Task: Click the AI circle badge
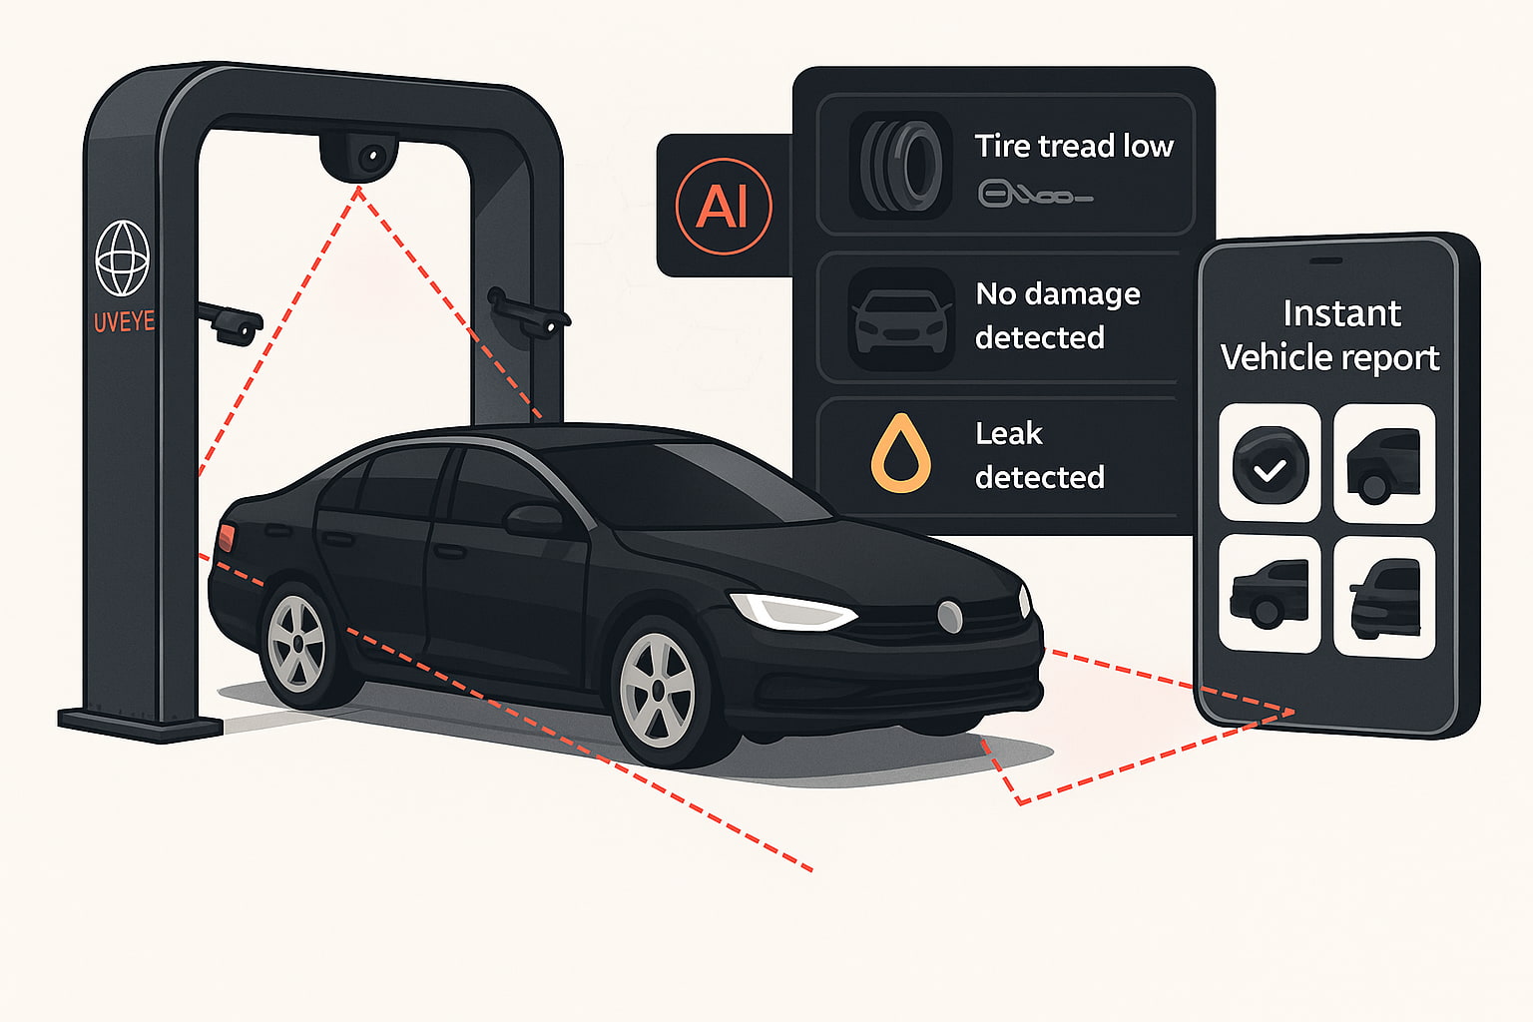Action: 724,207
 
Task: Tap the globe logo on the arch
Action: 122,258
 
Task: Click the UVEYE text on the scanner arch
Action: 124,321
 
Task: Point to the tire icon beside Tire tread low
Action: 901,166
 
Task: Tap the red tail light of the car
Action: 226,537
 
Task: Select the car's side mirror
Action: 536,518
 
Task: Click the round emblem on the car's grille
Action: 949,616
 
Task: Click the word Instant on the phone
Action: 1341,313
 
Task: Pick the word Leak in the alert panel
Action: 1008,433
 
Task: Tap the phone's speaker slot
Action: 1325,260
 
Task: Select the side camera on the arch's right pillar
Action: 530,314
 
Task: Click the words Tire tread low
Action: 1074,146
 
